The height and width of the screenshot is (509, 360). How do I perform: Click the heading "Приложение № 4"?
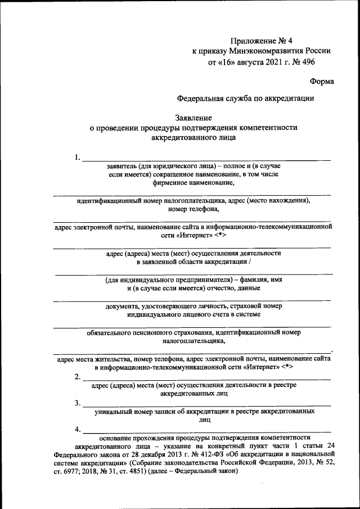[x=262, y=40]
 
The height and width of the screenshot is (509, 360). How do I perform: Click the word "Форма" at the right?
[x=321, y=81]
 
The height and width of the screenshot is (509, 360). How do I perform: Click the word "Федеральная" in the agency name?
[x=200, y=98]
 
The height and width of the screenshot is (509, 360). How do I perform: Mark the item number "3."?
[x=78, y=403]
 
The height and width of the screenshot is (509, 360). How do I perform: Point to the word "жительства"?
[x=112, y=358]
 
